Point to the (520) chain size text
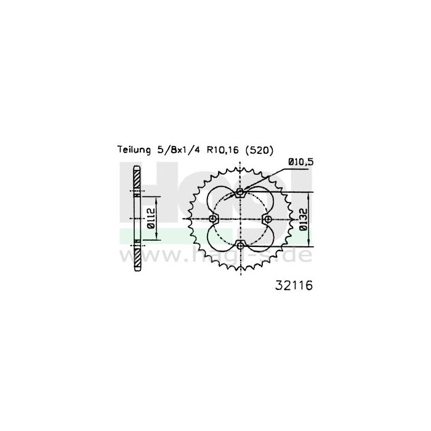[256, 150]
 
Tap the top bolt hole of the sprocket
[240, 192]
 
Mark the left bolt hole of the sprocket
[213, 219]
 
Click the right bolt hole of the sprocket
[267, 219]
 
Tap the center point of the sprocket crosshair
[240, 219]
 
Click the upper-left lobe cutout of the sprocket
[223, 203]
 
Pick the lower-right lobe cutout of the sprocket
[257, 236]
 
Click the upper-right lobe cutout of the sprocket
[257, 203]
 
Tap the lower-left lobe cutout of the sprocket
[223, 236]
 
